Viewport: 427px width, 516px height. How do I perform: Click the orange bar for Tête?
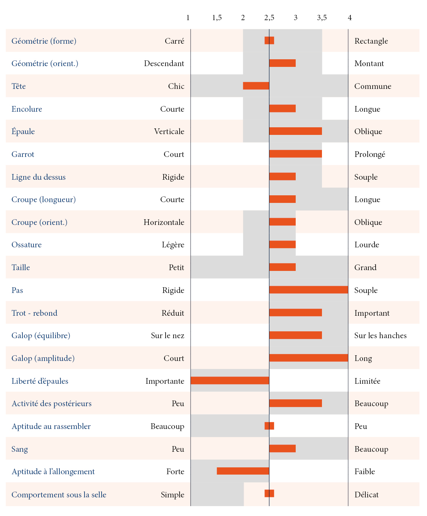256,86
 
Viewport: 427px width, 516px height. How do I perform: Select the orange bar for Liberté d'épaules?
230,380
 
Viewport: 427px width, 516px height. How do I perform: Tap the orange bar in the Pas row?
308,290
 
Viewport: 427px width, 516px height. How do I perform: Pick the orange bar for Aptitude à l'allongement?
243,471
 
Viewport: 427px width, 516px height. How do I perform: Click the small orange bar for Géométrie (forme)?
269,41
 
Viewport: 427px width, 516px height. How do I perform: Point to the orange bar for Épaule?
295,131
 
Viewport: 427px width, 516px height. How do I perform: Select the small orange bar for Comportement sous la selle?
269,494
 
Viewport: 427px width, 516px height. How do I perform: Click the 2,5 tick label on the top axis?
269,18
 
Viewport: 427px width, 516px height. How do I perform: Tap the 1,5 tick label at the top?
217,18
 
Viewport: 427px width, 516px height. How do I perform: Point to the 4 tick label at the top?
350,18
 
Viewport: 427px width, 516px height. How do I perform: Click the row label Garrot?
23,154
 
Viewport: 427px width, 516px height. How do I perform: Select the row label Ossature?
26,245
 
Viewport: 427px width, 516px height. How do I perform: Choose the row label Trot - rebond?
34,313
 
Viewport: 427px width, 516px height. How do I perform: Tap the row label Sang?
19,449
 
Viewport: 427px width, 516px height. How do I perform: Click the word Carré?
174,41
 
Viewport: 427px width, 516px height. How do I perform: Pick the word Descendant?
164,63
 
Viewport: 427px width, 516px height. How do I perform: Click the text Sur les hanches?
380,336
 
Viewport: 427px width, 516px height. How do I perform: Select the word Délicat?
366,495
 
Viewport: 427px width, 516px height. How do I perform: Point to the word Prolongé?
370,154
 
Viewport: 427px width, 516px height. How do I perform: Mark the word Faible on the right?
365,472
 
